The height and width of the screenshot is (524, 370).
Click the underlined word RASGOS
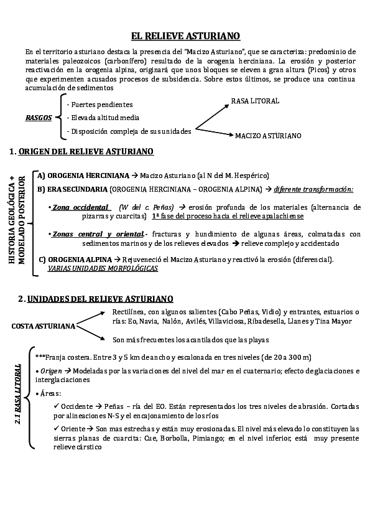[39, 118]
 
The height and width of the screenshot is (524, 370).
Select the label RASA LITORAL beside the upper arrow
[255, 101]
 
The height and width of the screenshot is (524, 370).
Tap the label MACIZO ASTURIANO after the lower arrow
[268, 135]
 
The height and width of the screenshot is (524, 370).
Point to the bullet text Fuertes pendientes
[102, 105]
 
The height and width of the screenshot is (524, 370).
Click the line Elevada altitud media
[105, 118]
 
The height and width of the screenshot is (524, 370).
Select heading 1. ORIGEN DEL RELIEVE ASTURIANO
[82, 151]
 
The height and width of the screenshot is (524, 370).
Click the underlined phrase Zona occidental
[81, 207]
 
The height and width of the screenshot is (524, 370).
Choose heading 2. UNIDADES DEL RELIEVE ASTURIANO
[96, 299]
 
